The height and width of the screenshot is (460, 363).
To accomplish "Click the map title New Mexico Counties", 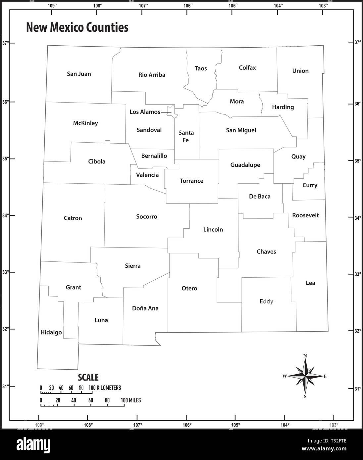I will pos(77,27).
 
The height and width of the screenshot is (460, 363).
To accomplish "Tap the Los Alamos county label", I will pos(145,112).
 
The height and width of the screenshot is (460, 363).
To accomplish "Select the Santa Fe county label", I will pos(186,136).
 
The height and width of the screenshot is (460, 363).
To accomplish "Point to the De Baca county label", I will pos(260,196).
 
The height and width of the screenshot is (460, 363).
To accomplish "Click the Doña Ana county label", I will pos(145,308).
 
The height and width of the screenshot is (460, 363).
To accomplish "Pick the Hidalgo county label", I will pos(51,332).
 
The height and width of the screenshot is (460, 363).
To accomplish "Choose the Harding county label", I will pos(283,107).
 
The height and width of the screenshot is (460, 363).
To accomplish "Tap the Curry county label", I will pos(310,185).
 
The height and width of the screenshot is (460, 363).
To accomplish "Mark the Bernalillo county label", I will pos(154,156).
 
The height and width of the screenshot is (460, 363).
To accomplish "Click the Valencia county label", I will pos(147,175).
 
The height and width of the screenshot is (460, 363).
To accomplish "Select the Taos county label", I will pos(201,68).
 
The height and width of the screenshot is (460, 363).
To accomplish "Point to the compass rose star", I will pos(305,376).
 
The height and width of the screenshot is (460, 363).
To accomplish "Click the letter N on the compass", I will pos(305,356).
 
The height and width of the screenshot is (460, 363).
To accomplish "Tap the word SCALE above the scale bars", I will pos(88,377).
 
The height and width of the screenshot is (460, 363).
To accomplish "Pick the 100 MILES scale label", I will pos(131,400).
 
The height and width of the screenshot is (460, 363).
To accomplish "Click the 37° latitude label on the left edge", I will pos(6,43).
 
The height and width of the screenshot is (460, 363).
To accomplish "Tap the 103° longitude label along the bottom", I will pos(334,425).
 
